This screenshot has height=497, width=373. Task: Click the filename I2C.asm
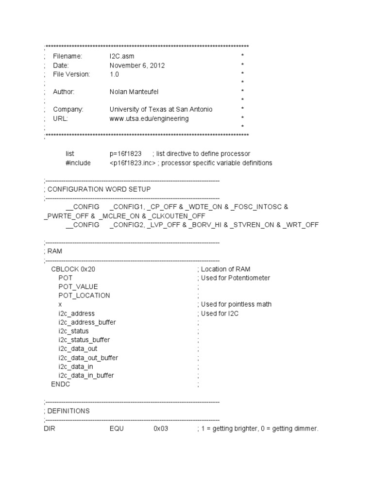pyautogui.click(x=121, y=56)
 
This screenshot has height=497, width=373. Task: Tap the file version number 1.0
pyautogui.click(x=114, y=74)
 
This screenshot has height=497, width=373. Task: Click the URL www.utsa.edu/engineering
pyautogui.click(x=149, y=118)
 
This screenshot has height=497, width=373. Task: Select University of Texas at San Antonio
pyautogui.click(x=161, y=110)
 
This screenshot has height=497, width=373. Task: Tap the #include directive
pyautogui.click(x=78, y=163)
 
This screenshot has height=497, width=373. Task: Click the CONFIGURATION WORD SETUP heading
pyautogui.click(x=101, y=189)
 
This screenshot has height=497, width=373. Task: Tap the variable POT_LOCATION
pyautogui.click(x=85, y=296)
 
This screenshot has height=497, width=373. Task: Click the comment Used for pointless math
pyautogui.click(x=235, y=304)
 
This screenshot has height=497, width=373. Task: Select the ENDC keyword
pyautogui.click(x=61, y=384)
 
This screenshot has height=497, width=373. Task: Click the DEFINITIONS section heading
pyautogui.click(x=68, y=411)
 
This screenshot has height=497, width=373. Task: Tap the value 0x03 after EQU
pyautogui.click(x=161, y=429)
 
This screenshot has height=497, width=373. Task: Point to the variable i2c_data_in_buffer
pyautogui.click(x=86, y=375)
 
